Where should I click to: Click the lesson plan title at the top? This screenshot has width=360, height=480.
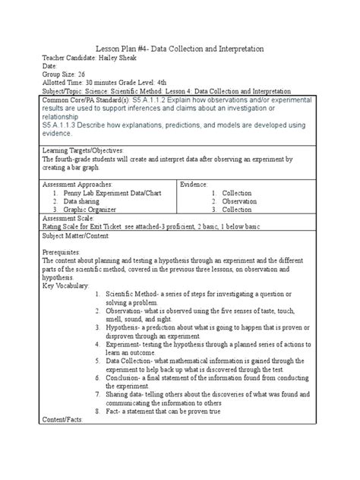[179, 49]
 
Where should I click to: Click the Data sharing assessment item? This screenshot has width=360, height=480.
[90, 201]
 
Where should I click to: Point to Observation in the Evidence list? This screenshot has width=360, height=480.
[239, 201]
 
